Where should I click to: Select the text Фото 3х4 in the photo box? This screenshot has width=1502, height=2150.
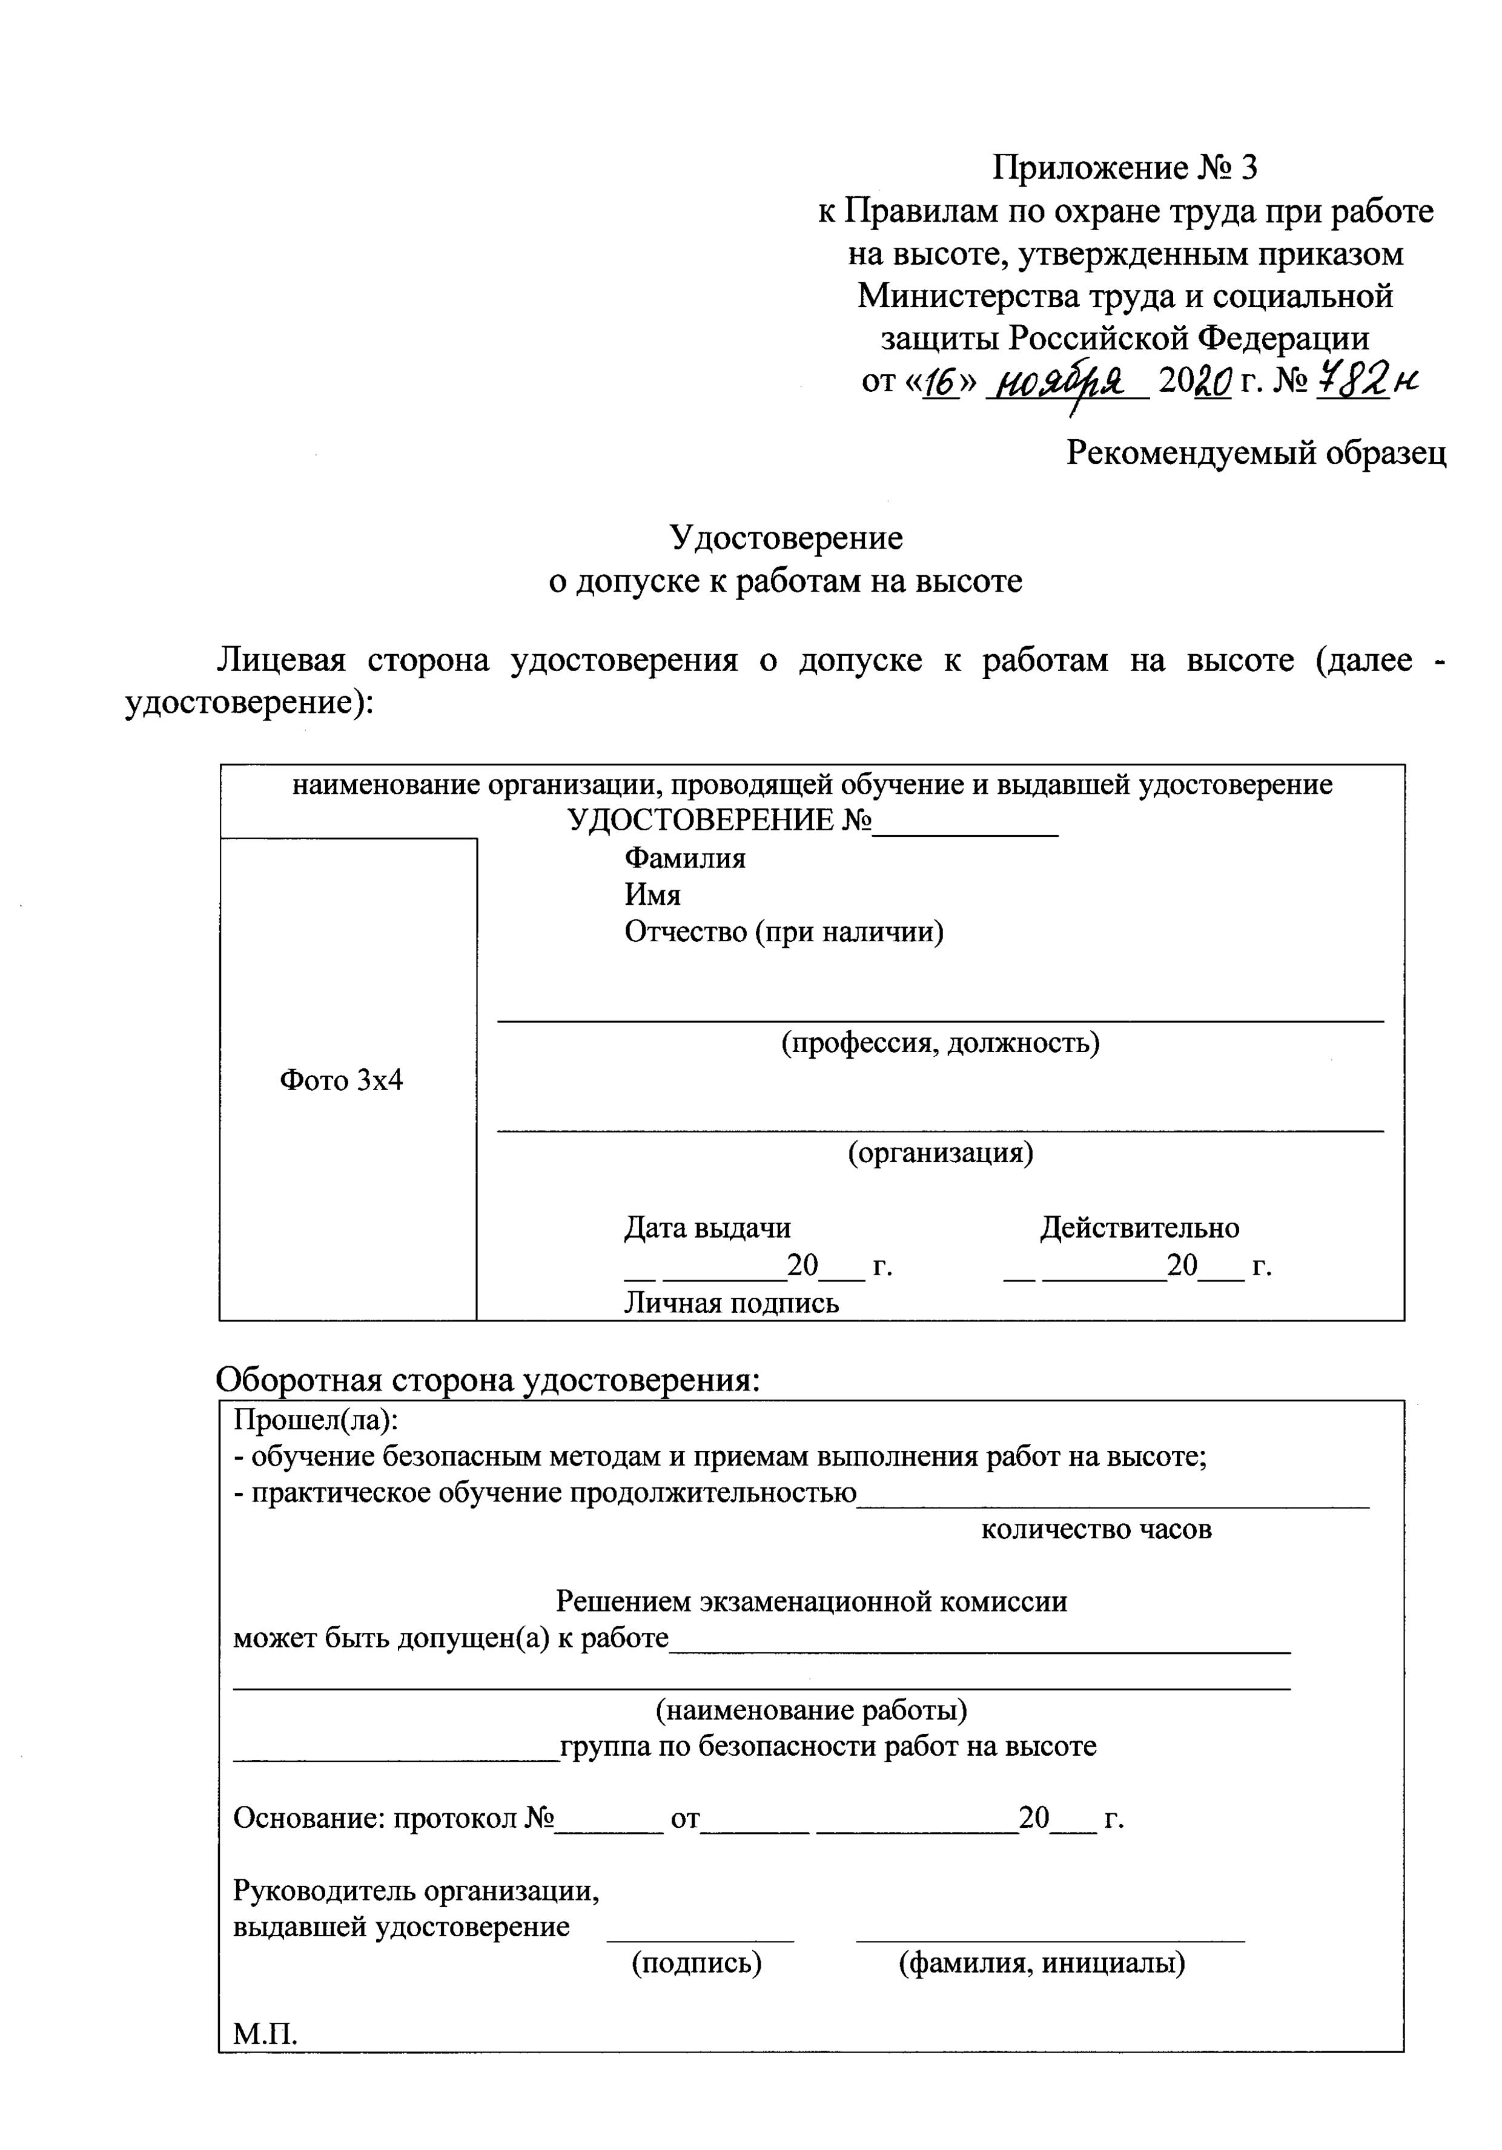tap(341, 1080)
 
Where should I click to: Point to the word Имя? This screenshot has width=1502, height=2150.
tap(653, 895)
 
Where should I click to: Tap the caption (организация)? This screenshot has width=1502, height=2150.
tap(940, 1152)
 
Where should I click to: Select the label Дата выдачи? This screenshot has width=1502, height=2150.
tap(707, 1228)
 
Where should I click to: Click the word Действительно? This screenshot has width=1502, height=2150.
tap(1139, 1228)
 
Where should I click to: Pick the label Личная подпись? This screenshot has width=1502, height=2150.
tap(732, 1303)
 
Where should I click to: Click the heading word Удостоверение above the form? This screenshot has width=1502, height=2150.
tap(786, 538)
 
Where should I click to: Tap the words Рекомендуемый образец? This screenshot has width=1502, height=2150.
tap(1256, 453)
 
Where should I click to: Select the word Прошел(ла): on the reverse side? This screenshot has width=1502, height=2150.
tap(316, 1421)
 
